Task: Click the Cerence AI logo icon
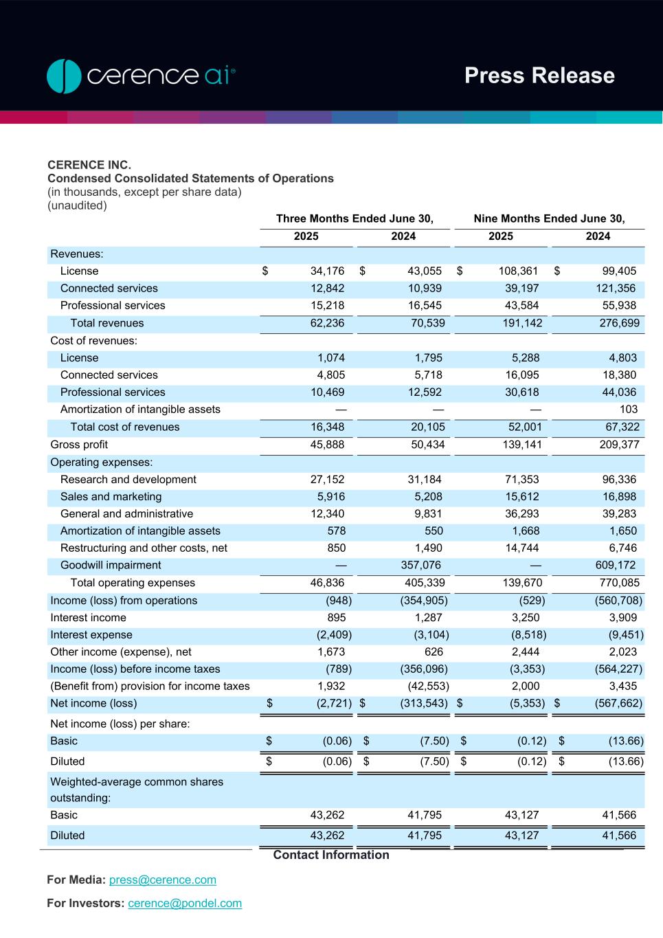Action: click(x=64, y=76)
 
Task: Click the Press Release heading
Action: click(x=539, y=76)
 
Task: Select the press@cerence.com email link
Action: click(x=163, y=880)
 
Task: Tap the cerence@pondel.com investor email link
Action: click(x=185, y=903)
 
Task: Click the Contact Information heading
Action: click(x=331, y=855)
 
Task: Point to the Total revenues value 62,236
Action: click(x=327, y=323)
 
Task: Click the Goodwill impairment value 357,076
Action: click(x=420, y=565)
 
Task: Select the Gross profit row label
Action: click(x=79, y=445)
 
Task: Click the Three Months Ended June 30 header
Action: click(x=355, y=219)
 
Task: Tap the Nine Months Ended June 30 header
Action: click(x=549, y=219)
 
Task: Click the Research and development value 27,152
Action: click(x=327, y=479)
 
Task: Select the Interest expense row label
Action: click(x=91, y=634)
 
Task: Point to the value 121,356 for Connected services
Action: click(x=616, y=288)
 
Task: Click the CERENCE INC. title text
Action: click(x=89, y=165)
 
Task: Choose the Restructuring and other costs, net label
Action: click(x=144, y=548)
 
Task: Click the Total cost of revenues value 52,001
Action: click(x=524, y=427)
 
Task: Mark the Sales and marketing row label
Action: click(x=111, y=496)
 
